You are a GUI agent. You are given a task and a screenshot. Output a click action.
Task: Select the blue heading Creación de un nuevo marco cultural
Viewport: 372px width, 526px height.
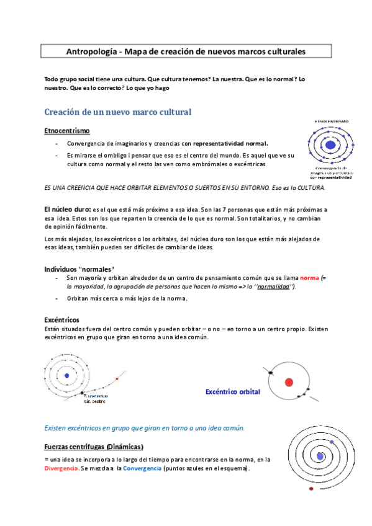tap(117, 112)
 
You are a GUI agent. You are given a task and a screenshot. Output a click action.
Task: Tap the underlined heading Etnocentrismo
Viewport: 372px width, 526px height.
tap(66, 131)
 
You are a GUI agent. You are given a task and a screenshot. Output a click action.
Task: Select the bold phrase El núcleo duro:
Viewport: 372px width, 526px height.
tap(68, 210)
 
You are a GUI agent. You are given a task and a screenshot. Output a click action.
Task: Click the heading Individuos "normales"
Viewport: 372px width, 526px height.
tap(79, 269)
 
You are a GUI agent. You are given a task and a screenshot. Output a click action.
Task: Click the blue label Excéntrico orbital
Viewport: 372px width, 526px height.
tap(232, 392)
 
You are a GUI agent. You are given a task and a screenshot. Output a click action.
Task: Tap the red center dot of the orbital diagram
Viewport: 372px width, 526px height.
tap(289, 381)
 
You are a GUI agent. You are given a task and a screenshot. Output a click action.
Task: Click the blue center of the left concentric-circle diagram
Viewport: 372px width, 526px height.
tap(66, 375)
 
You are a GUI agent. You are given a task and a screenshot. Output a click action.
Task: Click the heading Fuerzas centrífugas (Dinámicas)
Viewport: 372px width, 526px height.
tap(94, 447)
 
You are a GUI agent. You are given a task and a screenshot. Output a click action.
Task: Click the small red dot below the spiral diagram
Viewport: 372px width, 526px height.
tap(311, 489)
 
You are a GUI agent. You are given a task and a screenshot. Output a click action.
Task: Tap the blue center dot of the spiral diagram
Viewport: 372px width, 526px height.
tap(319, 456)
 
